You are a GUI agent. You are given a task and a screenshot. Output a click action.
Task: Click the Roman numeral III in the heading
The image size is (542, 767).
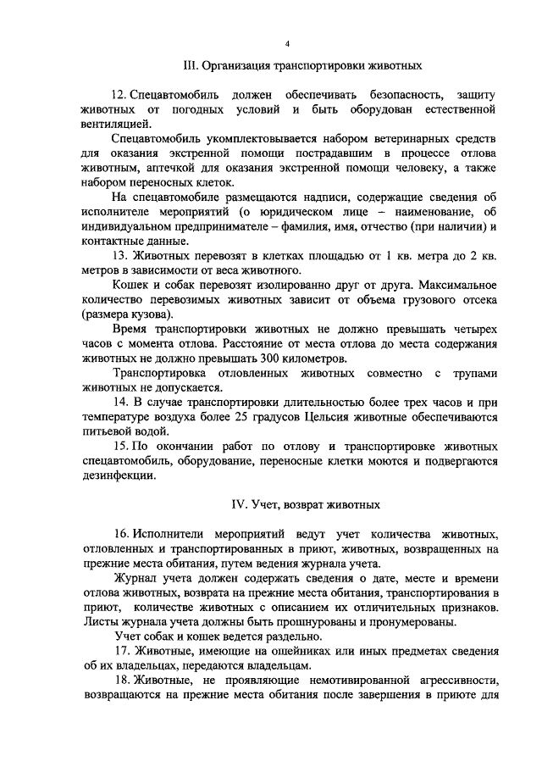(x=191, y=65)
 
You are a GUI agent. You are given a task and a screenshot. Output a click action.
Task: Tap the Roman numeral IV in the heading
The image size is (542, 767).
(x=240, y=503)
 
